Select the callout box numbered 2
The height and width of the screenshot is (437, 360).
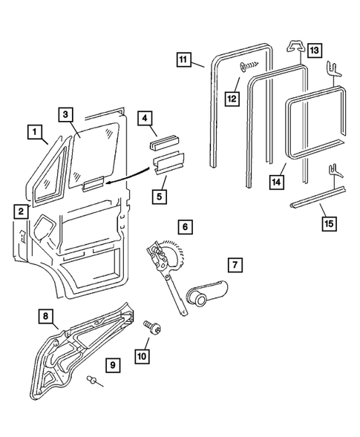click(21, 211)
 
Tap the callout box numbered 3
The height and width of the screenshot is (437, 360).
click(66, 114)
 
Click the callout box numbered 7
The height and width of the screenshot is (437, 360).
click(234, 263)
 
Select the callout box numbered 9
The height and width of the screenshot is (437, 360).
click(112, 365)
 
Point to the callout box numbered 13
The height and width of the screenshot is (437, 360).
click(315, 50)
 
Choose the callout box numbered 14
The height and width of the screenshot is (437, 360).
click(278, 182)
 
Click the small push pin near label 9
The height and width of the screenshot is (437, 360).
click(92, 381)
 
